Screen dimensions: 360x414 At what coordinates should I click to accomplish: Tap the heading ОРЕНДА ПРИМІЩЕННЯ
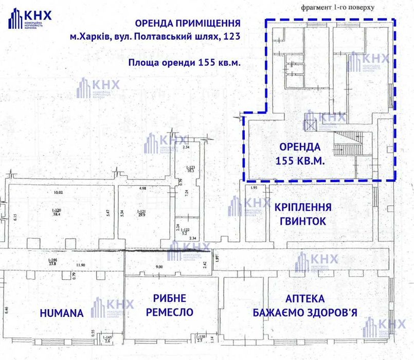[x=188, y=24]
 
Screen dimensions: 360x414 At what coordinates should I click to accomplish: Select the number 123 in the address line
[x=232, y=37]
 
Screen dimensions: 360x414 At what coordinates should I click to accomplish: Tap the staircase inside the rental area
[x=350, y=144]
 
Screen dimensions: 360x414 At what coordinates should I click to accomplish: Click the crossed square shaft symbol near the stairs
[x=310, y=125]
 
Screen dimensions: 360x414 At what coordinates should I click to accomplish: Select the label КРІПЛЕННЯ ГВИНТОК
[x=303, y=214]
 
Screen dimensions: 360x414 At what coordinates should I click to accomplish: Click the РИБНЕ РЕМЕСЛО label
[x=169, y=305]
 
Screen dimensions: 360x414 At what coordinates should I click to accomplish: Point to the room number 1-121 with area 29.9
[x=140, y=214]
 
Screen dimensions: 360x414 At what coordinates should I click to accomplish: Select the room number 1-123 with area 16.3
[x=190, y=170]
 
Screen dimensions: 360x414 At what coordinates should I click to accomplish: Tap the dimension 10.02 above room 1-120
[x=58, y=193]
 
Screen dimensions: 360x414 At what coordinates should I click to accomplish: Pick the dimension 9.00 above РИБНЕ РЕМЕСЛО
[x=160, y=266]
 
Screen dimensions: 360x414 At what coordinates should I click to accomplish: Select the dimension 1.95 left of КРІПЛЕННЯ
[x=253, y=188]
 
